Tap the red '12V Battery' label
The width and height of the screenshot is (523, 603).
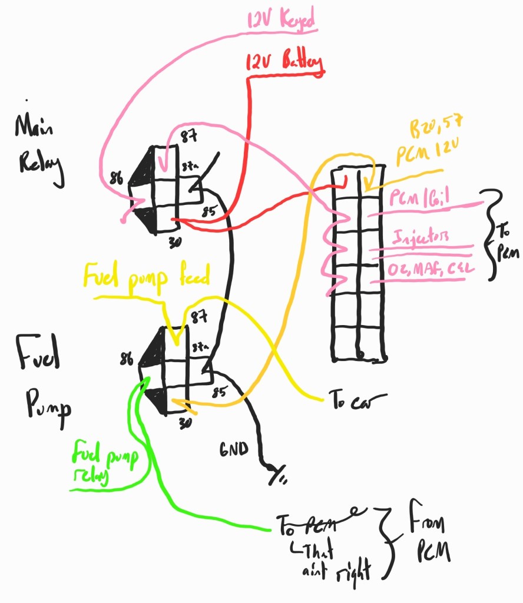(284, 61)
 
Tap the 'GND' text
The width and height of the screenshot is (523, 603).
(235, 449)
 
